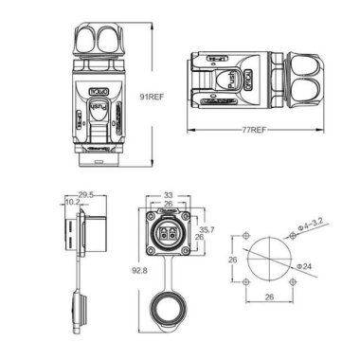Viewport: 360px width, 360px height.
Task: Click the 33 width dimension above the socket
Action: tap(166, 194)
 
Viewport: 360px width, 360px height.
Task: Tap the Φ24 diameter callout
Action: tap(305, 268)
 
